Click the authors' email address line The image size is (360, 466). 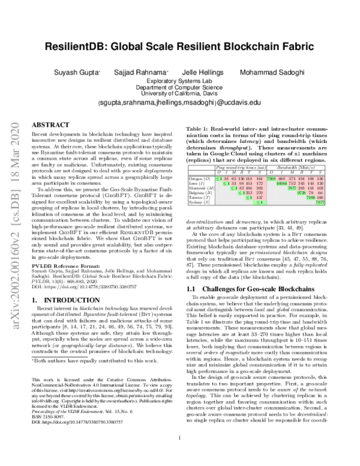pyautogui.click(x=180, y=103)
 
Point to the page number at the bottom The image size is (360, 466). pyautogui.click(x=180, y=455)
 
